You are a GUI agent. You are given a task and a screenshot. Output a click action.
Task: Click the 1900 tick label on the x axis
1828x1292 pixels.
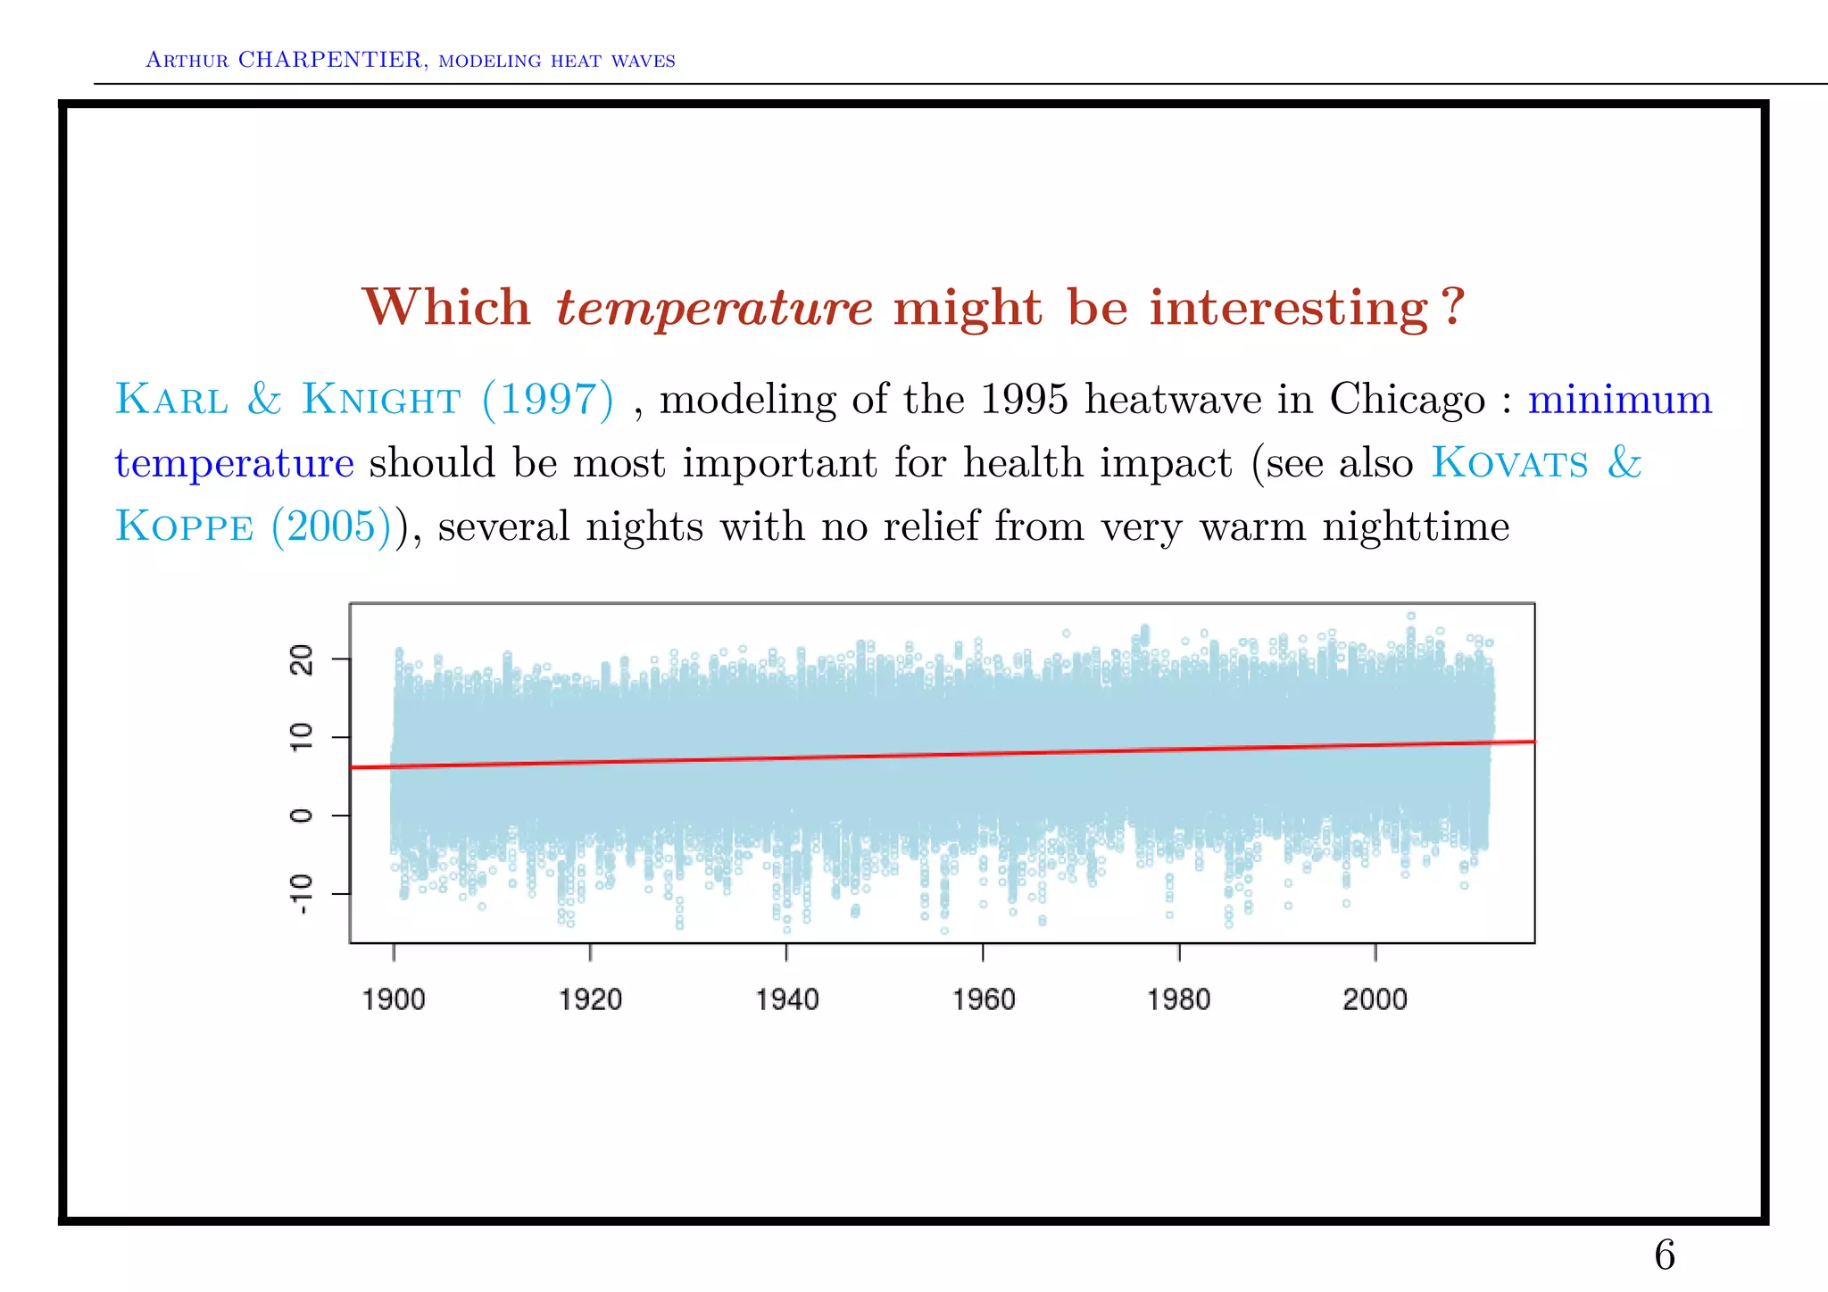394,999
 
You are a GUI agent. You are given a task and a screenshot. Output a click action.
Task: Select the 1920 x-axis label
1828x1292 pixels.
590,999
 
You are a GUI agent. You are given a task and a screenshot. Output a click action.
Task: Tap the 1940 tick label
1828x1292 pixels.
786,999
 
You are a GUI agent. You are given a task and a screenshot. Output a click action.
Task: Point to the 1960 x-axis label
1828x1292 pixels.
983,999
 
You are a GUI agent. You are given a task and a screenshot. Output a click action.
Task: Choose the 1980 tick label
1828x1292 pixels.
1179,999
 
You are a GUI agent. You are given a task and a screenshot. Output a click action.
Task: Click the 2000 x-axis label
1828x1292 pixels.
1375,999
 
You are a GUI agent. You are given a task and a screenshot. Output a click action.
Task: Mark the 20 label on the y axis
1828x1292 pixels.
303,660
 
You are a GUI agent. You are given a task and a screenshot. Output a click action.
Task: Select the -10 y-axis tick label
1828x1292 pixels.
303,894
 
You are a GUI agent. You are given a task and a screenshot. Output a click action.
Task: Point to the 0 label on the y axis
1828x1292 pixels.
303,816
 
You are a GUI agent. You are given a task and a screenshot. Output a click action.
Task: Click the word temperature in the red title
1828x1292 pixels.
713,309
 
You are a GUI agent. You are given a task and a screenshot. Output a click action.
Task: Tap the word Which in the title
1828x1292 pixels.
446,308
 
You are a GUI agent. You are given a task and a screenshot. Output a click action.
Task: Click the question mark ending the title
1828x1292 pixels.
1453,308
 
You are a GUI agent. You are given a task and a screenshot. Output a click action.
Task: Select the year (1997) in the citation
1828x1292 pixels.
548,400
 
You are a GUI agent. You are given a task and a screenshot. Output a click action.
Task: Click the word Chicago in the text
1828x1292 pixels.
1407,400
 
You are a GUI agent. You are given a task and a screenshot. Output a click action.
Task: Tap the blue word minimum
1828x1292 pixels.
1619,400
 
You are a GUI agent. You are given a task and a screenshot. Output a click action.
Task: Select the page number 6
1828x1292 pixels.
1664,1256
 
